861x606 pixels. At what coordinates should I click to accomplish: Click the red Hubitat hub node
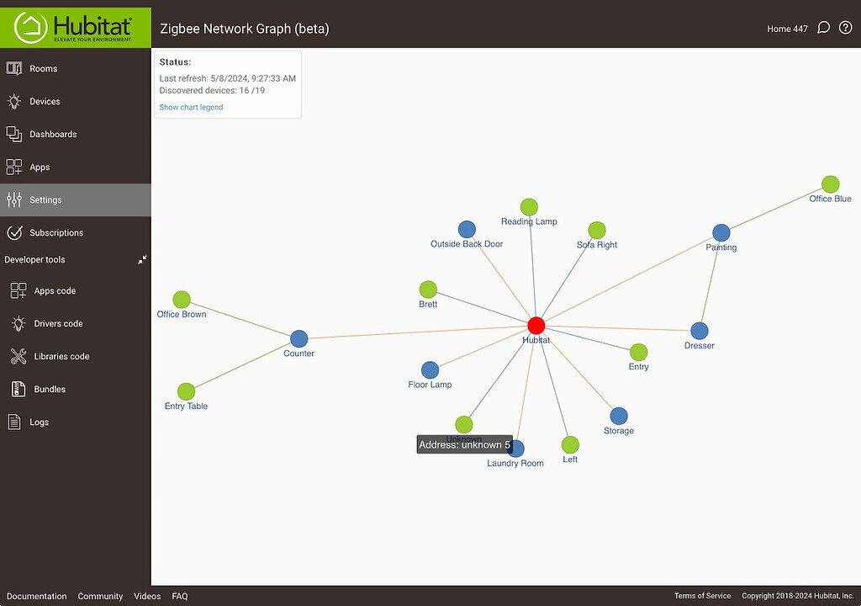point(536,326)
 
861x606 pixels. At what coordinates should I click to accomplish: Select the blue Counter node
point(298,338)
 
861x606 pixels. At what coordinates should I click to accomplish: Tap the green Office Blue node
point(830,184)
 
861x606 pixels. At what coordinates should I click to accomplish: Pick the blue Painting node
point(721,232)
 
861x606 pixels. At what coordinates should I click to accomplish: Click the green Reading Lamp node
point(529,207)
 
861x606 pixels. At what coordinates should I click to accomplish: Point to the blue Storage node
point(619,417)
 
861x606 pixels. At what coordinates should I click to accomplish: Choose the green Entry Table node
point(186,391)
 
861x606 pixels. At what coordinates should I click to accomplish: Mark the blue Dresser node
point(699,331)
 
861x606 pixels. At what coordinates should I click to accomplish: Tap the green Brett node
point(428,290)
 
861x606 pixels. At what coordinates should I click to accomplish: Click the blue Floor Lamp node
point(430,370)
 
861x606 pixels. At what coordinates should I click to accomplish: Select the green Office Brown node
point(182,300)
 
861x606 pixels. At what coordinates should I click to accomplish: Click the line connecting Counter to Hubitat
point(417,332)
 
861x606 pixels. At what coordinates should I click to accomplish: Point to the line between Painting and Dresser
point(710,282)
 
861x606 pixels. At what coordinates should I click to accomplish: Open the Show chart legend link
point(191,107)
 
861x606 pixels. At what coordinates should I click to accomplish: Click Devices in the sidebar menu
point(45,101)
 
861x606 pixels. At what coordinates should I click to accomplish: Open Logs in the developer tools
point(39,422)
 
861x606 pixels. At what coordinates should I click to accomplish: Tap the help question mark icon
point(846,28)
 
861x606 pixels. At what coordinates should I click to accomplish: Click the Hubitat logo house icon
point(31,28)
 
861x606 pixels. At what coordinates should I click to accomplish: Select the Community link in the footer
point(101,596)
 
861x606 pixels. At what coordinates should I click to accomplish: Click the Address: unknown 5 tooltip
point(464,445)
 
